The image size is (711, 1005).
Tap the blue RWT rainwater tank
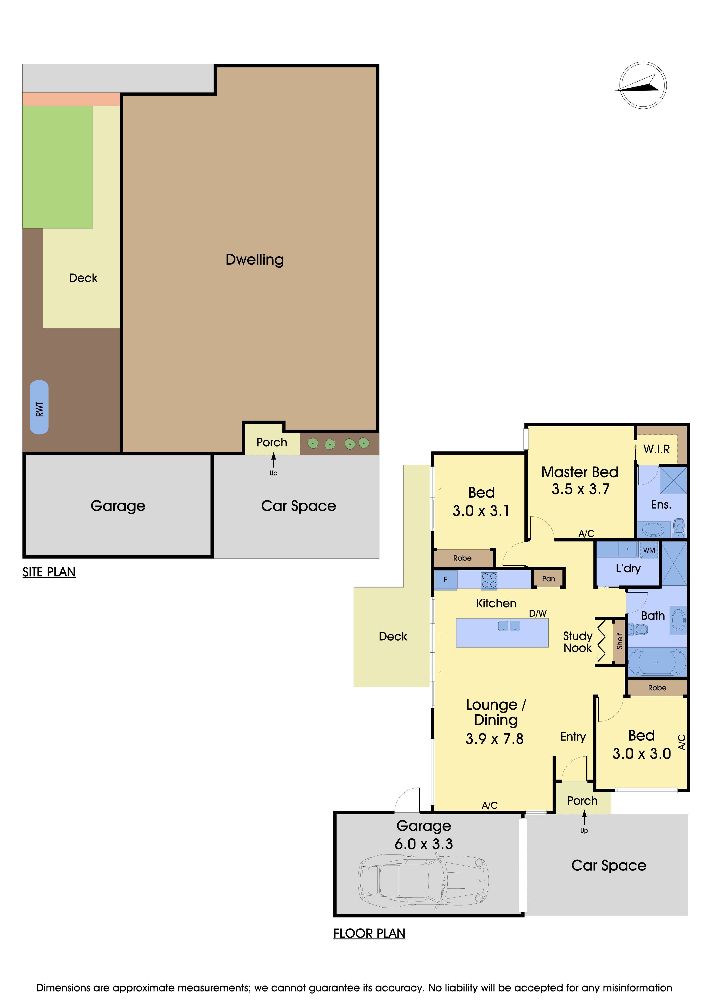[x=39, y=407]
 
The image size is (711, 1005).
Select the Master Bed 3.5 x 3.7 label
[x=580, y=480]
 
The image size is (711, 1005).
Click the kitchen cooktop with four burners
[x=489, y=580]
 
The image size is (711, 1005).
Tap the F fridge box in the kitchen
[x=445, y=580]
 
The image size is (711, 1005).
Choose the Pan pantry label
[x=549, y=579]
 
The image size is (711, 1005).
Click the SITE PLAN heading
[x=49, y=572]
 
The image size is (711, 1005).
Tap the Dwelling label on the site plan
[x=255, y=260]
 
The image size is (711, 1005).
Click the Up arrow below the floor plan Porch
[x=584, y=818]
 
